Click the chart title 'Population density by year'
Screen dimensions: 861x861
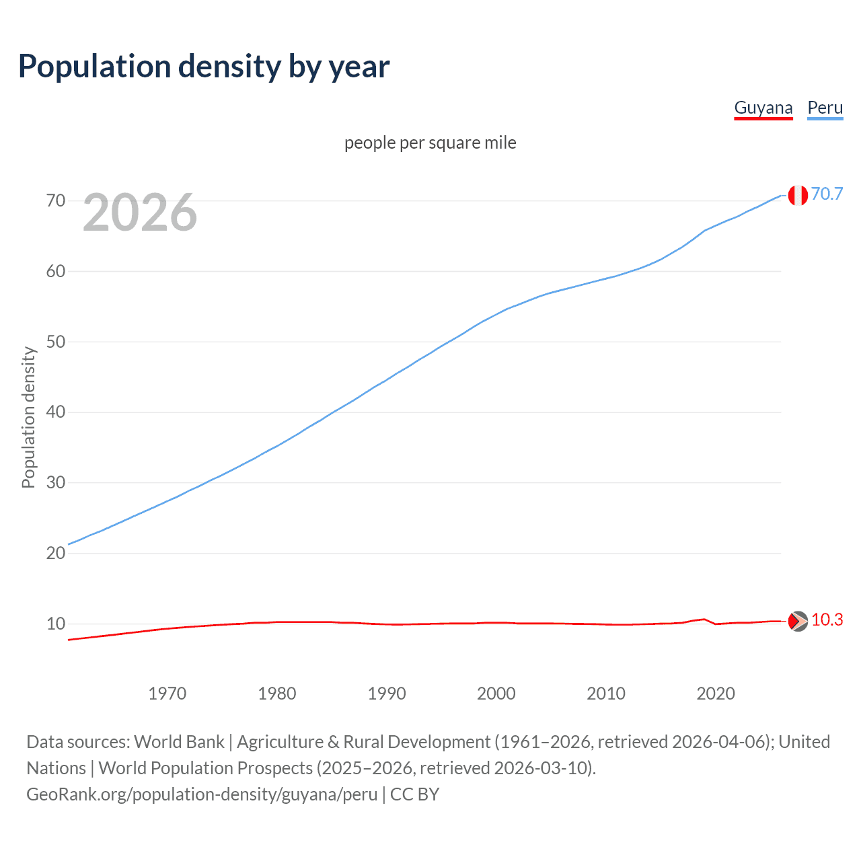(x=204, y=67)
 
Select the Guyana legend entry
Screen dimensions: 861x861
(x=763, y=108)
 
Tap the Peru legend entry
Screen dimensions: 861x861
(x=825, y=108)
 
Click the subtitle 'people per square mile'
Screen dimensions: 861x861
(x=430, y=143)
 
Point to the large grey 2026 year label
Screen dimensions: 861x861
(x=140, y=213)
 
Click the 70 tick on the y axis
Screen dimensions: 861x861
(x=56, y=200)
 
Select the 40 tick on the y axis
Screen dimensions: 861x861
(x=56, y=412)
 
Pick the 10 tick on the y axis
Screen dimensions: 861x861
(x=56, y=624)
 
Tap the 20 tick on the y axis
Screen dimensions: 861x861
(x=56, y=553)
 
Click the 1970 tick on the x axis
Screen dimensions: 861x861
(x=167, y=694)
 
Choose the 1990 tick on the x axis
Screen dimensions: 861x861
(x=387, y=694)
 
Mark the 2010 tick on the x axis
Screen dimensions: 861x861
(x=606, y=694)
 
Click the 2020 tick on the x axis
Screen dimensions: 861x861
(x=716, y=694)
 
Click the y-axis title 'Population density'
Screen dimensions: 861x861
(x=28, y=417)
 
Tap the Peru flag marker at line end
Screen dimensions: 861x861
(x=798, y=195)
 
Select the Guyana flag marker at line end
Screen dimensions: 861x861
(x=798, y=621)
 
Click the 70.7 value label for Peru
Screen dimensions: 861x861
(x=827, y=194)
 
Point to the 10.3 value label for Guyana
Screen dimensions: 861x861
(x=827, y=620)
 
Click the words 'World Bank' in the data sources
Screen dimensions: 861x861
(x=179, y=741)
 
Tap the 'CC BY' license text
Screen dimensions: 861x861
(x=414, y=794)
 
